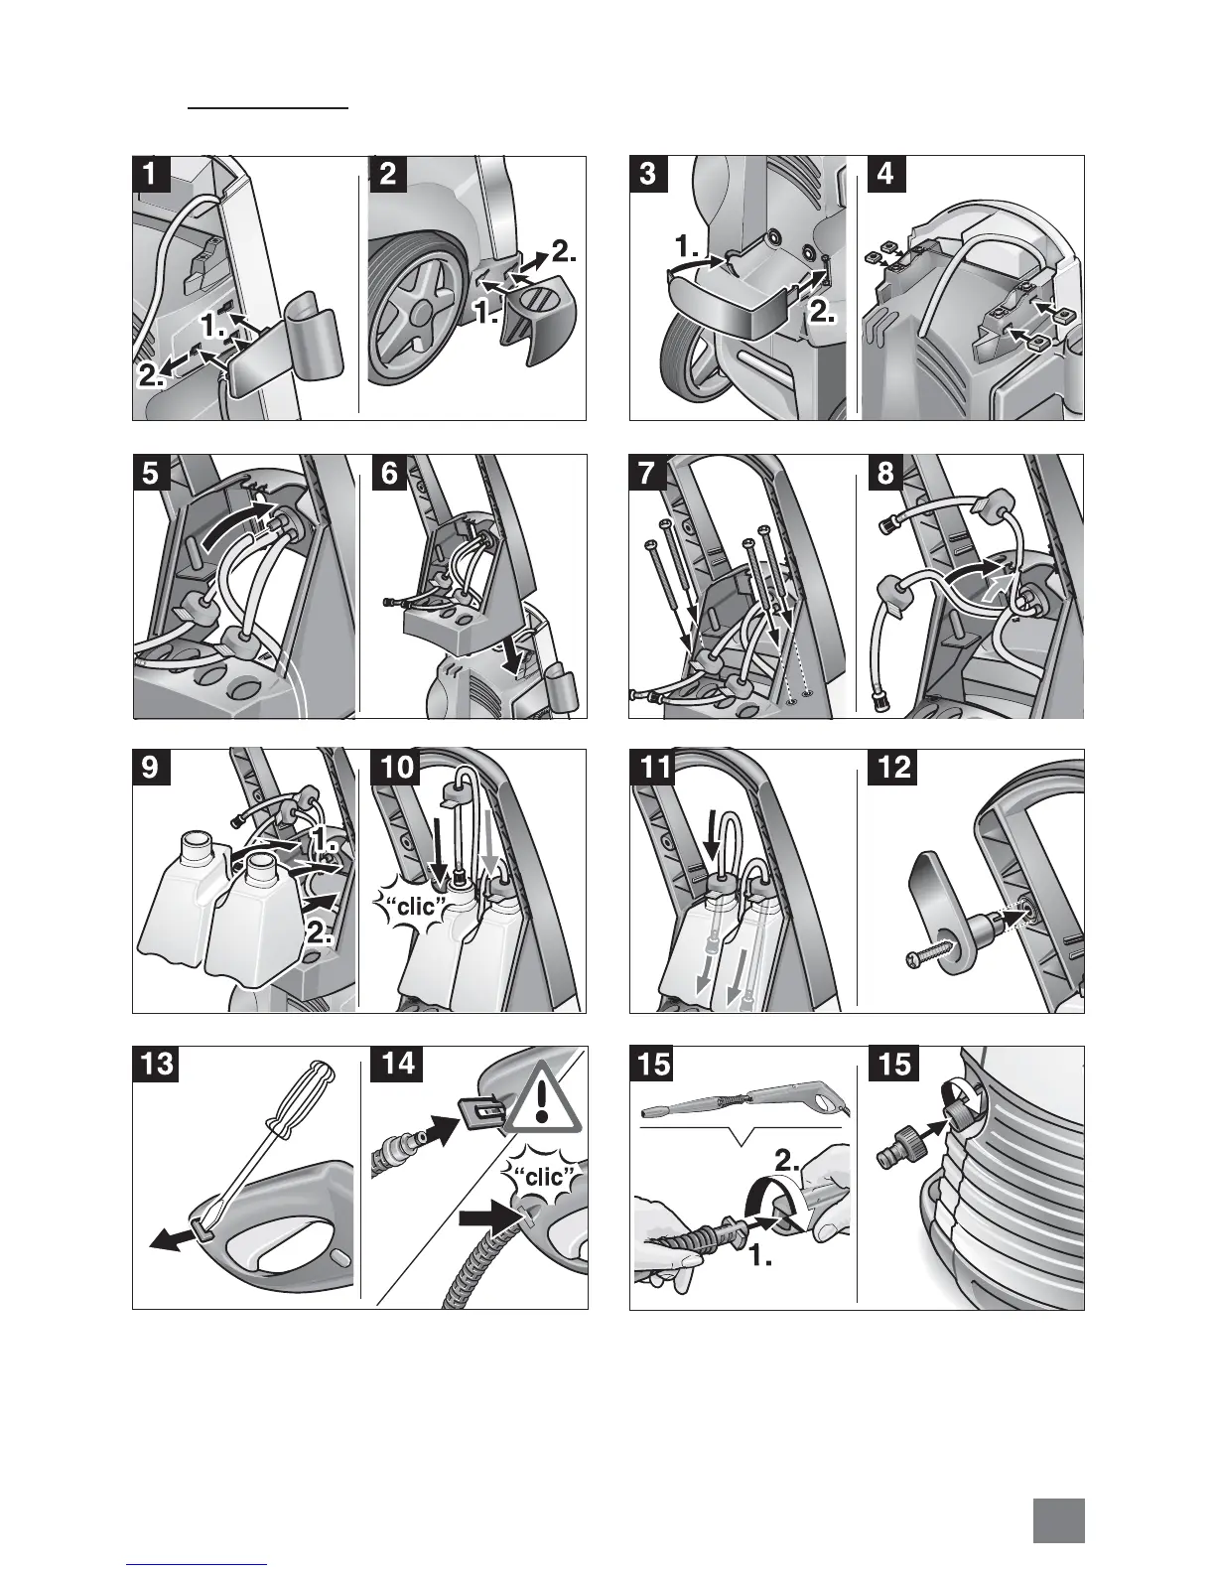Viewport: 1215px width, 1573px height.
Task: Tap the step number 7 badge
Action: [x=647, y=473]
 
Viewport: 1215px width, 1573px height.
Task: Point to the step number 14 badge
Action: [x=397, y=1064]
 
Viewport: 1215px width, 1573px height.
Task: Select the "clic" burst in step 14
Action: [x=543, y=1180]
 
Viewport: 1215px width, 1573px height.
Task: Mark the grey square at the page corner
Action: [x=1058, y=1520]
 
